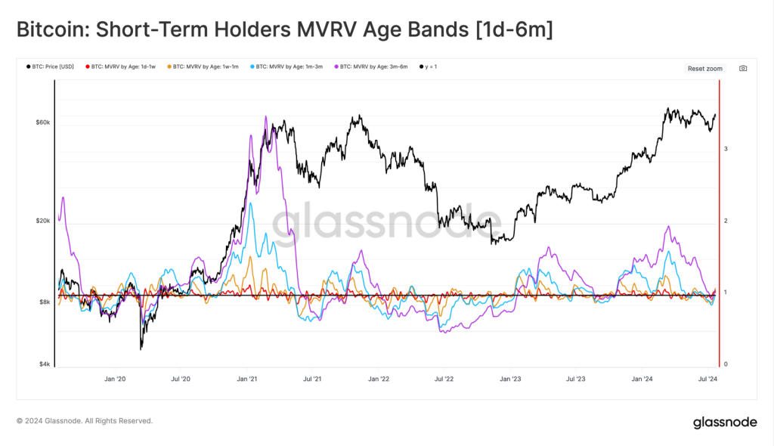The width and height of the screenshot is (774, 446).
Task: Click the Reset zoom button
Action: pos(704,69)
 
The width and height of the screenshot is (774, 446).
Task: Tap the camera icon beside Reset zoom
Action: pos(743,69)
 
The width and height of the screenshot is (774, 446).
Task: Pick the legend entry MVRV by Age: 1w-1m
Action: pos(203,67)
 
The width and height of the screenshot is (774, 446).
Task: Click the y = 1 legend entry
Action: pos(428,67)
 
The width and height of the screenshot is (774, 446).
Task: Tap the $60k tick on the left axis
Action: pos(42,122)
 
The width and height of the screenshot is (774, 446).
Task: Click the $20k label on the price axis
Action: pos(42,221)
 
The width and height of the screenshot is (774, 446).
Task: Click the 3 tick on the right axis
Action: pos(726,149)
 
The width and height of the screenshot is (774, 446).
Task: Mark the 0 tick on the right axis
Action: pos(726,364)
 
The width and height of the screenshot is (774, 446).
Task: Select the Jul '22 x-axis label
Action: pos(444,378)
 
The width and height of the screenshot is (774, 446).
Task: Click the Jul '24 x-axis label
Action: pos(707,378)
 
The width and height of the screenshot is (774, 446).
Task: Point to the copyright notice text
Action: pos(85,420)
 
